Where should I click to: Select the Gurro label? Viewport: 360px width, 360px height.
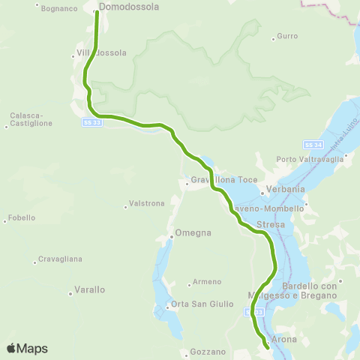(x=287, y=36)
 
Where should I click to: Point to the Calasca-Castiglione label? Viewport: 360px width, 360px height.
(x=26, y=119)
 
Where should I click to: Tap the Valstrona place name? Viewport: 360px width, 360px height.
(x=147, y=203)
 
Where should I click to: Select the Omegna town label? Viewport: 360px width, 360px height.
(x=193, y=232)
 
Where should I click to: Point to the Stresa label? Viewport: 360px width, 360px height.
(x=270, y=224)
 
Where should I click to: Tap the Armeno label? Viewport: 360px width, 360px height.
(x=207, y=281)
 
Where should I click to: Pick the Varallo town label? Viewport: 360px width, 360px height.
(x=90, y=289)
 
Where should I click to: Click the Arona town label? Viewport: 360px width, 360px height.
(x=283, y=340)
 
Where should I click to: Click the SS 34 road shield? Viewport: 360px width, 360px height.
(x=313, y=144)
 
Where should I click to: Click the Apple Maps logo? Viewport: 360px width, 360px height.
(x=27, y=349)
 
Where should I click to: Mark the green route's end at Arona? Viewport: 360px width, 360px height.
(x=268, y=347)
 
